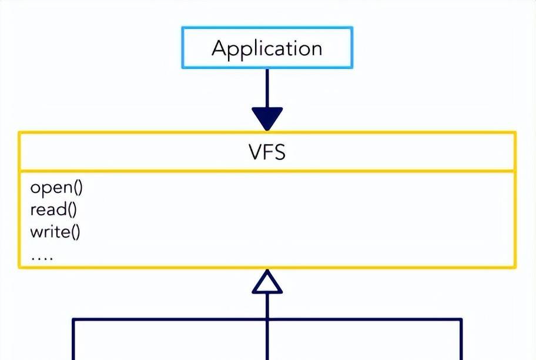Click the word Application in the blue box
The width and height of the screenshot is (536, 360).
[x=267, y=48]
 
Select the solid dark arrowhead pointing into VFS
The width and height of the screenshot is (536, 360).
[x=267, y=118]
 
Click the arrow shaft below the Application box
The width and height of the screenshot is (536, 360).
[x=267, y=88]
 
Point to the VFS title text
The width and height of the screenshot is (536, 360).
[x=267, y=152]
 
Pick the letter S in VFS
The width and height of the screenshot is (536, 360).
[x=279, y=152]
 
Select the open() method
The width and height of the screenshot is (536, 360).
[x=56, y=188]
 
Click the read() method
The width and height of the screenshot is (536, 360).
[x=53, y=210]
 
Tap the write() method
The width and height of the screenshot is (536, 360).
[x=55, y=232]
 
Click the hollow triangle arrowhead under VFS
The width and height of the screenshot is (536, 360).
[x=267, y=284]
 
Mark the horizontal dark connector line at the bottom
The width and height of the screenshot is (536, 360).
[x=176, y=319]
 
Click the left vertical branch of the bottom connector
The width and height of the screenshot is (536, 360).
[x=73, y=341]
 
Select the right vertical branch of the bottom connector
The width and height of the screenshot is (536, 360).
[x=461, y=341]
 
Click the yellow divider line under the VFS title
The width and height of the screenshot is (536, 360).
[x=267, y=172]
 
